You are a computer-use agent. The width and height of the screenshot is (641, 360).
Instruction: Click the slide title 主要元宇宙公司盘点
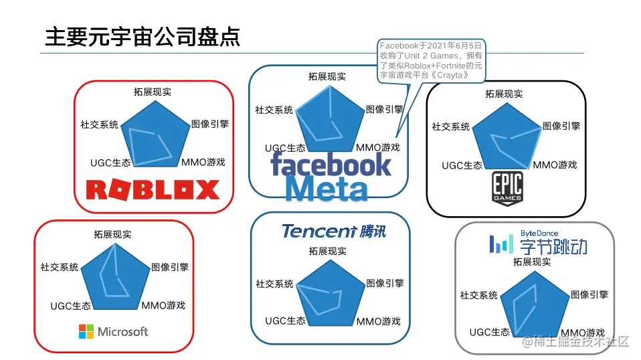tap(142, 36)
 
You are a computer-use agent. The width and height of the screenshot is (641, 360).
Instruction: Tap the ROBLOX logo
tap(153, 189)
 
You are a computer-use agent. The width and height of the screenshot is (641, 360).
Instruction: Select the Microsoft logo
tap(113, 331)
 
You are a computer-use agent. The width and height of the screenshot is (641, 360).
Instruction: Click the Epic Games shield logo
tap(507, 188)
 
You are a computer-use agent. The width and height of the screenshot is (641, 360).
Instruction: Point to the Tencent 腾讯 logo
tap(333, 232)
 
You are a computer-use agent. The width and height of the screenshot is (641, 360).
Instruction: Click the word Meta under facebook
tap(327, 188)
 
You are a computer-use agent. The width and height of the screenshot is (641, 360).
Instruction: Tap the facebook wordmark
tap(331, 165)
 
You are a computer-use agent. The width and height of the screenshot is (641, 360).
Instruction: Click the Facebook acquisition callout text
tap(430, 61)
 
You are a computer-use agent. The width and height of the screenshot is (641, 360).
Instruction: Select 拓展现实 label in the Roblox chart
tap(153, 92)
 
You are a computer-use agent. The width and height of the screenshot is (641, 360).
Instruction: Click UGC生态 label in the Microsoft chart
tap(70, 306)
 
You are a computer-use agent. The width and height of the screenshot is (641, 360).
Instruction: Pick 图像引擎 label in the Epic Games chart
tap(561, 125)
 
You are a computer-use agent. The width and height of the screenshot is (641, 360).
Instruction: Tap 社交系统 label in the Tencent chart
tap(274, 284)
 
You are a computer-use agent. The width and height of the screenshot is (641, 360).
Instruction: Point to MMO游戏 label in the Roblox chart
tap(203, 162)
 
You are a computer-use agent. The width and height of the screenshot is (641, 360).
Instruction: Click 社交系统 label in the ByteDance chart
tap(478, 294)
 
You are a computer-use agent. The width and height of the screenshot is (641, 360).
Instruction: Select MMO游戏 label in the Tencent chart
tap(378, 321)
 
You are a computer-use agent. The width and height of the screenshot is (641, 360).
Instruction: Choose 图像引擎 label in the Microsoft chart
tap(170, 266)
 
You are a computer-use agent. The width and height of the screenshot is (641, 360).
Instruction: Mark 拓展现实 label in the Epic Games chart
tap(504, 94)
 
